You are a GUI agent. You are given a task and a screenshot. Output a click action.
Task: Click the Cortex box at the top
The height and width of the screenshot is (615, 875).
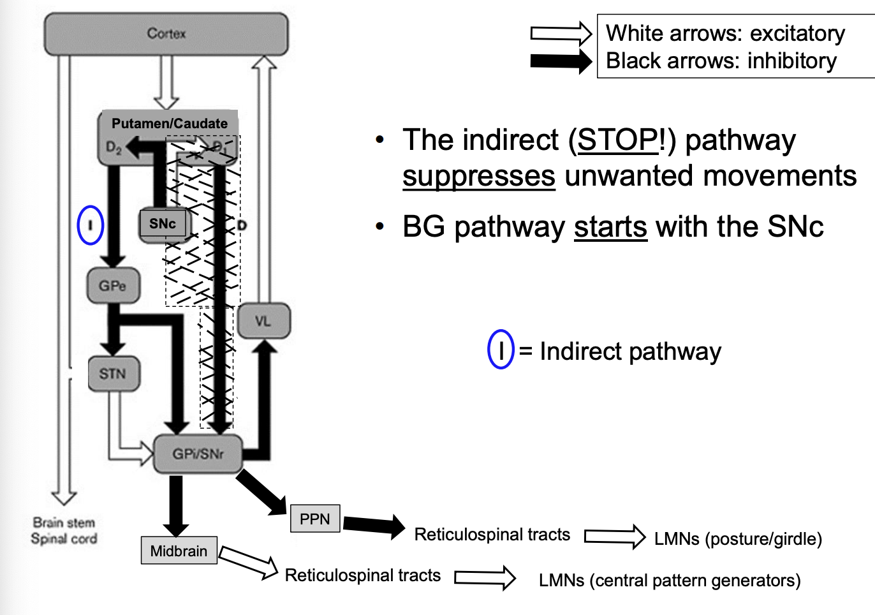(x=166, y=34)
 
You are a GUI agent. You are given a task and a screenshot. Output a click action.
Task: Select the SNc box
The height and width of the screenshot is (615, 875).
(x=163, y=224)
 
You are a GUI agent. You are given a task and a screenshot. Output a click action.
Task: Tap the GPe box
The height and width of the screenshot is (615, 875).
(x=113, y=286)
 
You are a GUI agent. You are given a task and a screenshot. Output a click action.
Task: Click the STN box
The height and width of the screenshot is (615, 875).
(x=113, y=373)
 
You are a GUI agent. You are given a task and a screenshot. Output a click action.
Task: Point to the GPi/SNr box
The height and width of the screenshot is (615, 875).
(x=198, y=454)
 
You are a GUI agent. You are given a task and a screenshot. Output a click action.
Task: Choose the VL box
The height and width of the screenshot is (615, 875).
(x=263, y=321)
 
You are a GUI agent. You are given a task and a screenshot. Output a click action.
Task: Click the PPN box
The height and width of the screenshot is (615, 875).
(x=315, y=519)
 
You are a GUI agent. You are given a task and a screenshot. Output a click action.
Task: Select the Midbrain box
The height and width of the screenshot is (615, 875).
(x=179, y=551)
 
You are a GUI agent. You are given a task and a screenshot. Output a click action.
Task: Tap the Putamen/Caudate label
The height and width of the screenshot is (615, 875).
(x=170, y=124)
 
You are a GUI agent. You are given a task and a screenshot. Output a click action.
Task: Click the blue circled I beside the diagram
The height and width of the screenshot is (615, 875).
(x=91, y=225)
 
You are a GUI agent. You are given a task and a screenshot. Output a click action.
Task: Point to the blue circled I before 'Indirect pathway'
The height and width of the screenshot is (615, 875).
(x=501, y=350)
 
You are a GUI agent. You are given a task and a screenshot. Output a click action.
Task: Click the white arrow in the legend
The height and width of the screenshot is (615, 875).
(x=561, y=33)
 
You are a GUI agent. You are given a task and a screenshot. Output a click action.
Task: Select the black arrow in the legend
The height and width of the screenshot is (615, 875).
(x=561, y=61)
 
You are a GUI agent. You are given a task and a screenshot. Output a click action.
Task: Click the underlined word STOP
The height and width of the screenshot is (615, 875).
(x=617, y=140)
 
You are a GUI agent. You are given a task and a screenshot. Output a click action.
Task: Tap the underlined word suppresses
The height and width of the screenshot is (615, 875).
(x=478, y=176)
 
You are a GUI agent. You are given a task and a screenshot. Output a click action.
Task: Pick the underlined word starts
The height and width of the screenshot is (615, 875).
(x=610, y=227)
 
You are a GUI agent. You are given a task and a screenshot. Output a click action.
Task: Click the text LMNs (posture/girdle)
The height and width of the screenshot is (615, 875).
(x=738, y=539)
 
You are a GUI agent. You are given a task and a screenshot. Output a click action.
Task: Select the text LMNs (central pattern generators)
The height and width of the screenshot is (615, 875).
(x=670, y=581)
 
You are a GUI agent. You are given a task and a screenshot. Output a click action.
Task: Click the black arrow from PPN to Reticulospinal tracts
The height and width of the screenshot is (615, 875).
(x=374, y=525)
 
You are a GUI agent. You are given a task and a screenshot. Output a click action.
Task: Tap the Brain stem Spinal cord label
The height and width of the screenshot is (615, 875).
(x=64, y=531)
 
